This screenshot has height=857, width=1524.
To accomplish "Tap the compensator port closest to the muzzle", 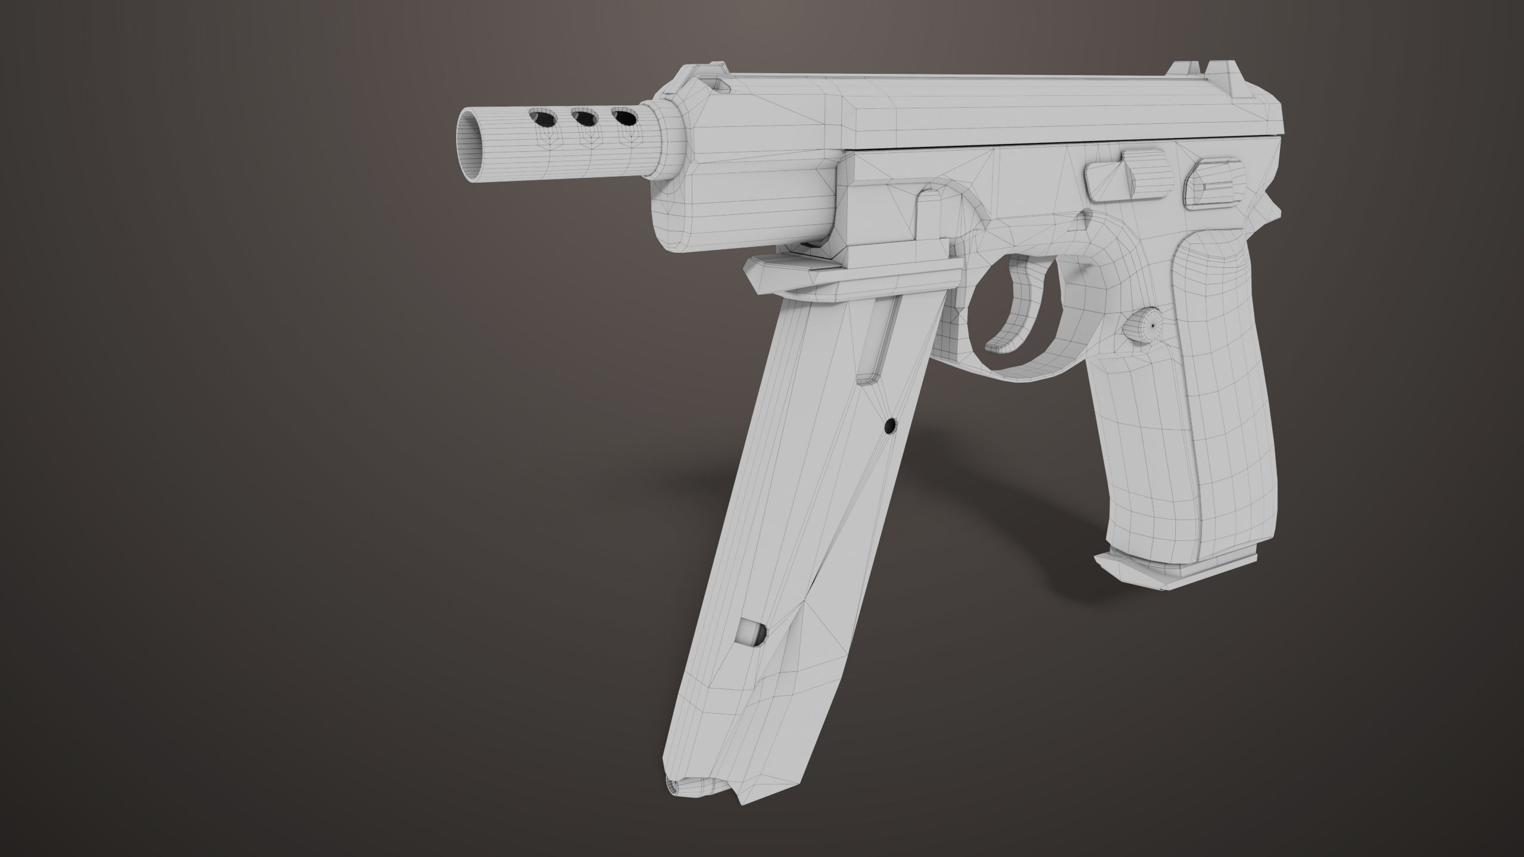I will coord(126,119).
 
